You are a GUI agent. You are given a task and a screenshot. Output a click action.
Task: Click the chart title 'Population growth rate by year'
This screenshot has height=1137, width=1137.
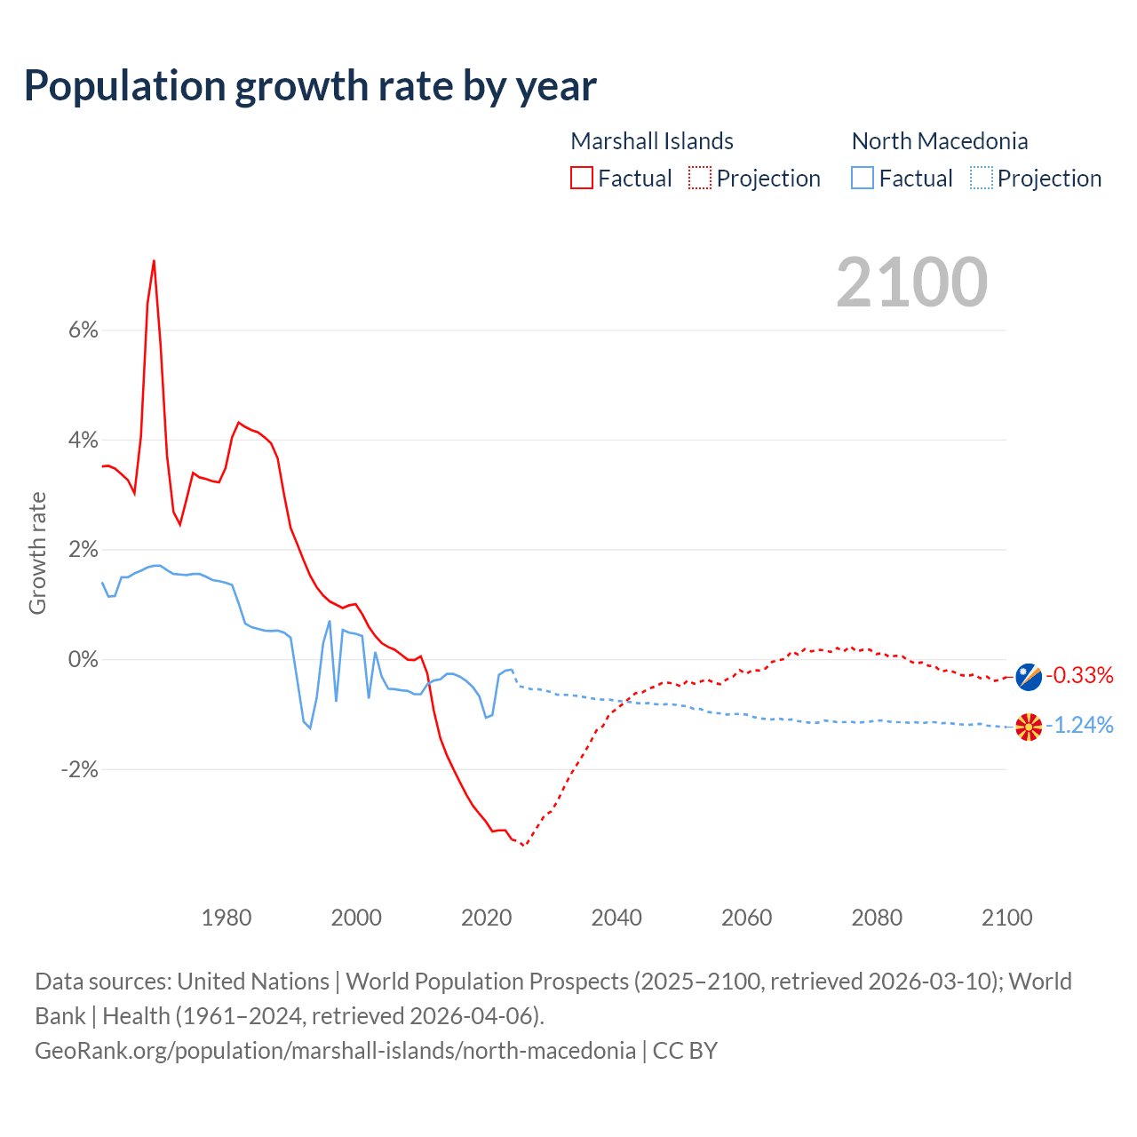coord(310,86)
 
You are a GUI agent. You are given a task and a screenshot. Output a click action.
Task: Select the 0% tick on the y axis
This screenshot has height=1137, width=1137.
coord(83,660)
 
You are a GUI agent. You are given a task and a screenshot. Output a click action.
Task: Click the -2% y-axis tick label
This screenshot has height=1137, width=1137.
coord(79,769)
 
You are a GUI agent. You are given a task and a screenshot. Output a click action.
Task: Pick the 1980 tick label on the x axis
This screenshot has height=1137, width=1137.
coord(227,918)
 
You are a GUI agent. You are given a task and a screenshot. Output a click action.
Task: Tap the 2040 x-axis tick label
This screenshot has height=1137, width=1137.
coord(616,918)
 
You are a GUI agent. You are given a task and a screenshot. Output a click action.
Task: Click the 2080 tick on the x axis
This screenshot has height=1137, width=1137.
coord(877,918)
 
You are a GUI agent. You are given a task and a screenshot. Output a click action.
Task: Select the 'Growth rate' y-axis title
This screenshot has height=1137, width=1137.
coord(37,553)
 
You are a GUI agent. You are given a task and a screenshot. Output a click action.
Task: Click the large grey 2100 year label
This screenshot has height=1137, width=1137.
coord(911,282)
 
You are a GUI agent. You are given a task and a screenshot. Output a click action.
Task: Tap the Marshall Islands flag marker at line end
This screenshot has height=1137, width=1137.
coord(1029,677)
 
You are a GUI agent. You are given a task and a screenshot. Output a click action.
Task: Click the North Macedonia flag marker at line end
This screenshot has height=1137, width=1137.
coord(1029,727)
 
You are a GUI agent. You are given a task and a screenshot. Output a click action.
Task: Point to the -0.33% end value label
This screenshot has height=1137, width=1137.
coord(1079,676)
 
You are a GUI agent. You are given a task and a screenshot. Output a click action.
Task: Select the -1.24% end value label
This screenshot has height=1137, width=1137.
coord(1079,726)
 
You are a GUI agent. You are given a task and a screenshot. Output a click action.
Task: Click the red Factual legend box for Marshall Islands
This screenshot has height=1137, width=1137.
coord(582,179)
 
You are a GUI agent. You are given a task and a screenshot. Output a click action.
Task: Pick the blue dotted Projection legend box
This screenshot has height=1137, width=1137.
coord(982,179)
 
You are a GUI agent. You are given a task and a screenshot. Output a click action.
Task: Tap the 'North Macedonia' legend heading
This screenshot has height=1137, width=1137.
coord(940,141)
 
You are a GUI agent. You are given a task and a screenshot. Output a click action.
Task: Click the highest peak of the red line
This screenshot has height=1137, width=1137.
coord(154,261)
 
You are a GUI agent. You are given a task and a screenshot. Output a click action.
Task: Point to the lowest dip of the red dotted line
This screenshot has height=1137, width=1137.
coord(523,845)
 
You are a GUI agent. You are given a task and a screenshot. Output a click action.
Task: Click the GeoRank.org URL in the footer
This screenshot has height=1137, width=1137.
coord(335,1051)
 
